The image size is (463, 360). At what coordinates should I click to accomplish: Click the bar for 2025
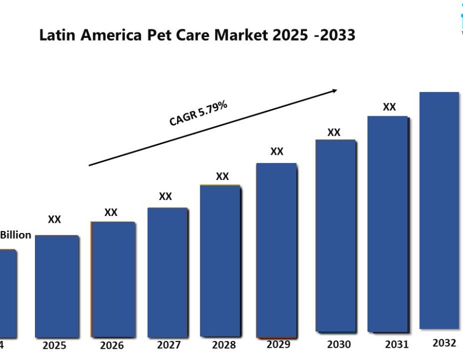tap(57, 286)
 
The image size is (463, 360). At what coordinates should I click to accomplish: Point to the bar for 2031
tap(388, 224)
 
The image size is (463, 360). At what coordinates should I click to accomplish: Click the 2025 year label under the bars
tap(55, 346)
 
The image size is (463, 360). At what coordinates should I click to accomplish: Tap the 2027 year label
tap(168, 345)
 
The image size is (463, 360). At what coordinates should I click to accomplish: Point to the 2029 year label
tap(278, 344)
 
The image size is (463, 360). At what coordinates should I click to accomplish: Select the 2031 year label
tap(397, 344)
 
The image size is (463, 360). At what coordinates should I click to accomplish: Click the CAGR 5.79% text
tap(198, 114)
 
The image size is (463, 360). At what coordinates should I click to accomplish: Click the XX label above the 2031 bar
tap(389, 107)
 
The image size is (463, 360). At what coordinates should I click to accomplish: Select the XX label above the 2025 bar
tap(55, 220)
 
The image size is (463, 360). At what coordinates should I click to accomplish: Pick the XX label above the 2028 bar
tap(222, 176)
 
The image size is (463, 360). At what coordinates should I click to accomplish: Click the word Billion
tap(16, 235)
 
